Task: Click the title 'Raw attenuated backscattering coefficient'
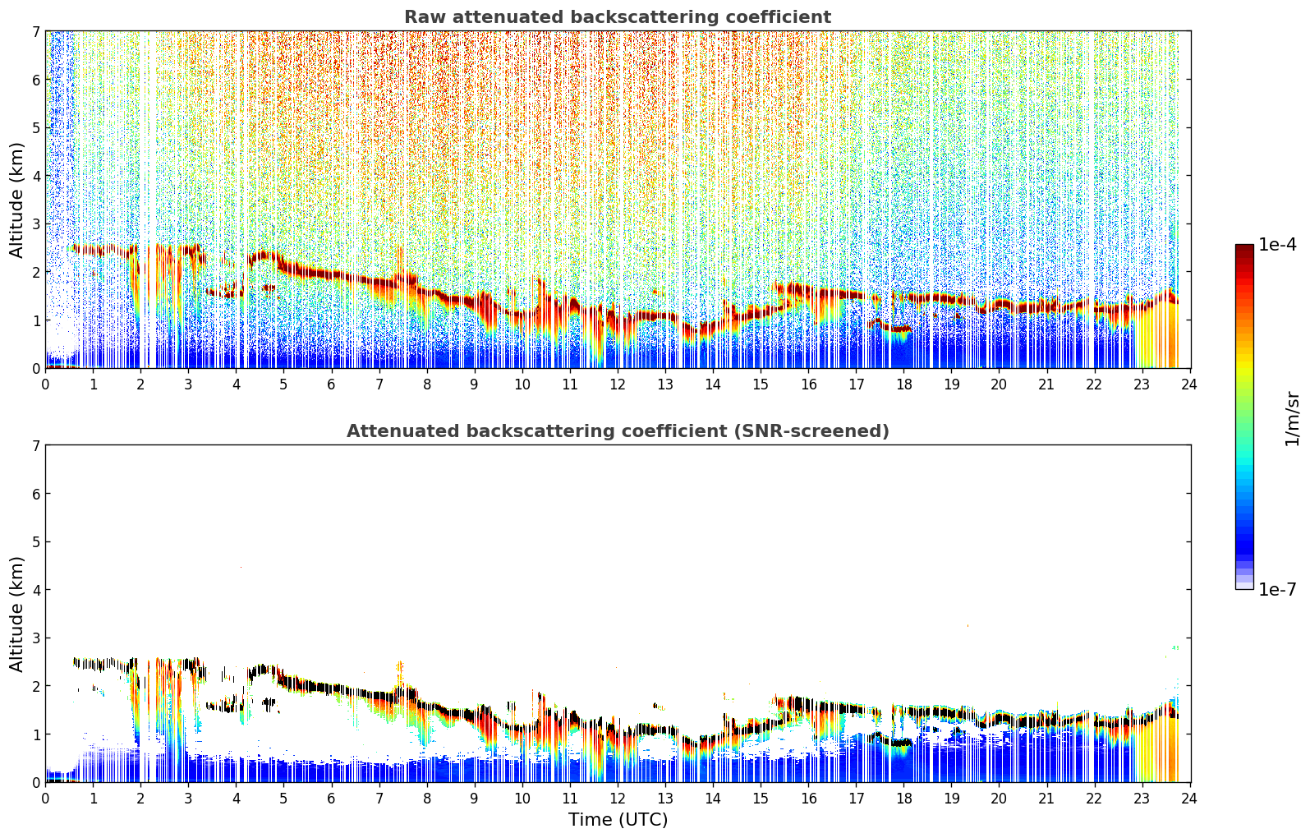(x=618, y=17)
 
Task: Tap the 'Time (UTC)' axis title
(x=618, y=819)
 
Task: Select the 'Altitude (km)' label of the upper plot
(x=16, y=200)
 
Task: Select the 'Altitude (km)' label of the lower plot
(x=16, y=614)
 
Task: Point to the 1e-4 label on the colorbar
(x=1277, y=245)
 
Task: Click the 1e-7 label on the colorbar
(x=1277, y=589)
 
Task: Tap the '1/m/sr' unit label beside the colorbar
(x=1292, y=419)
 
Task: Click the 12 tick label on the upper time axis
(x=618, y=384)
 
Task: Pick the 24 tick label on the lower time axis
(x=1189, y=799)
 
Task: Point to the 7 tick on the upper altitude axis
(x=36, y=31)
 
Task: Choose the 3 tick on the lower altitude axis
(x=36, y=638)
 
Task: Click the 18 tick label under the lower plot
(x=903, y=799)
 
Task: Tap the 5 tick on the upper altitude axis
(x=36, y=127)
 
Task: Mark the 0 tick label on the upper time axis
(x=46, y=384)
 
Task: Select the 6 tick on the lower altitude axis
(x=36, y=493)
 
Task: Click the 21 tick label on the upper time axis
(x=1046, y=384)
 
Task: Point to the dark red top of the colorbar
(x=1244, y=249)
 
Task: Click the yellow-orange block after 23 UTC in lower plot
(x=1156, y=751)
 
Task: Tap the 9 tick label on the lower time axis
(x=474, y=799)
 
